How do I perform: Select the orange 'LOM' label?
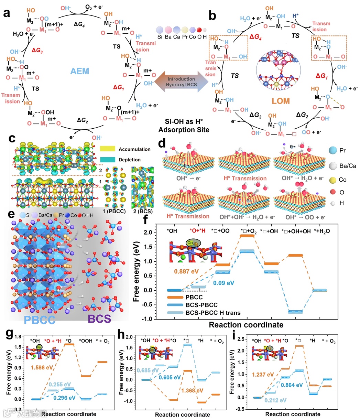tap(281, 101)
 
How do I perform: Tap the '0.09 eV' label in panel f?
tap(224, 283)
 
